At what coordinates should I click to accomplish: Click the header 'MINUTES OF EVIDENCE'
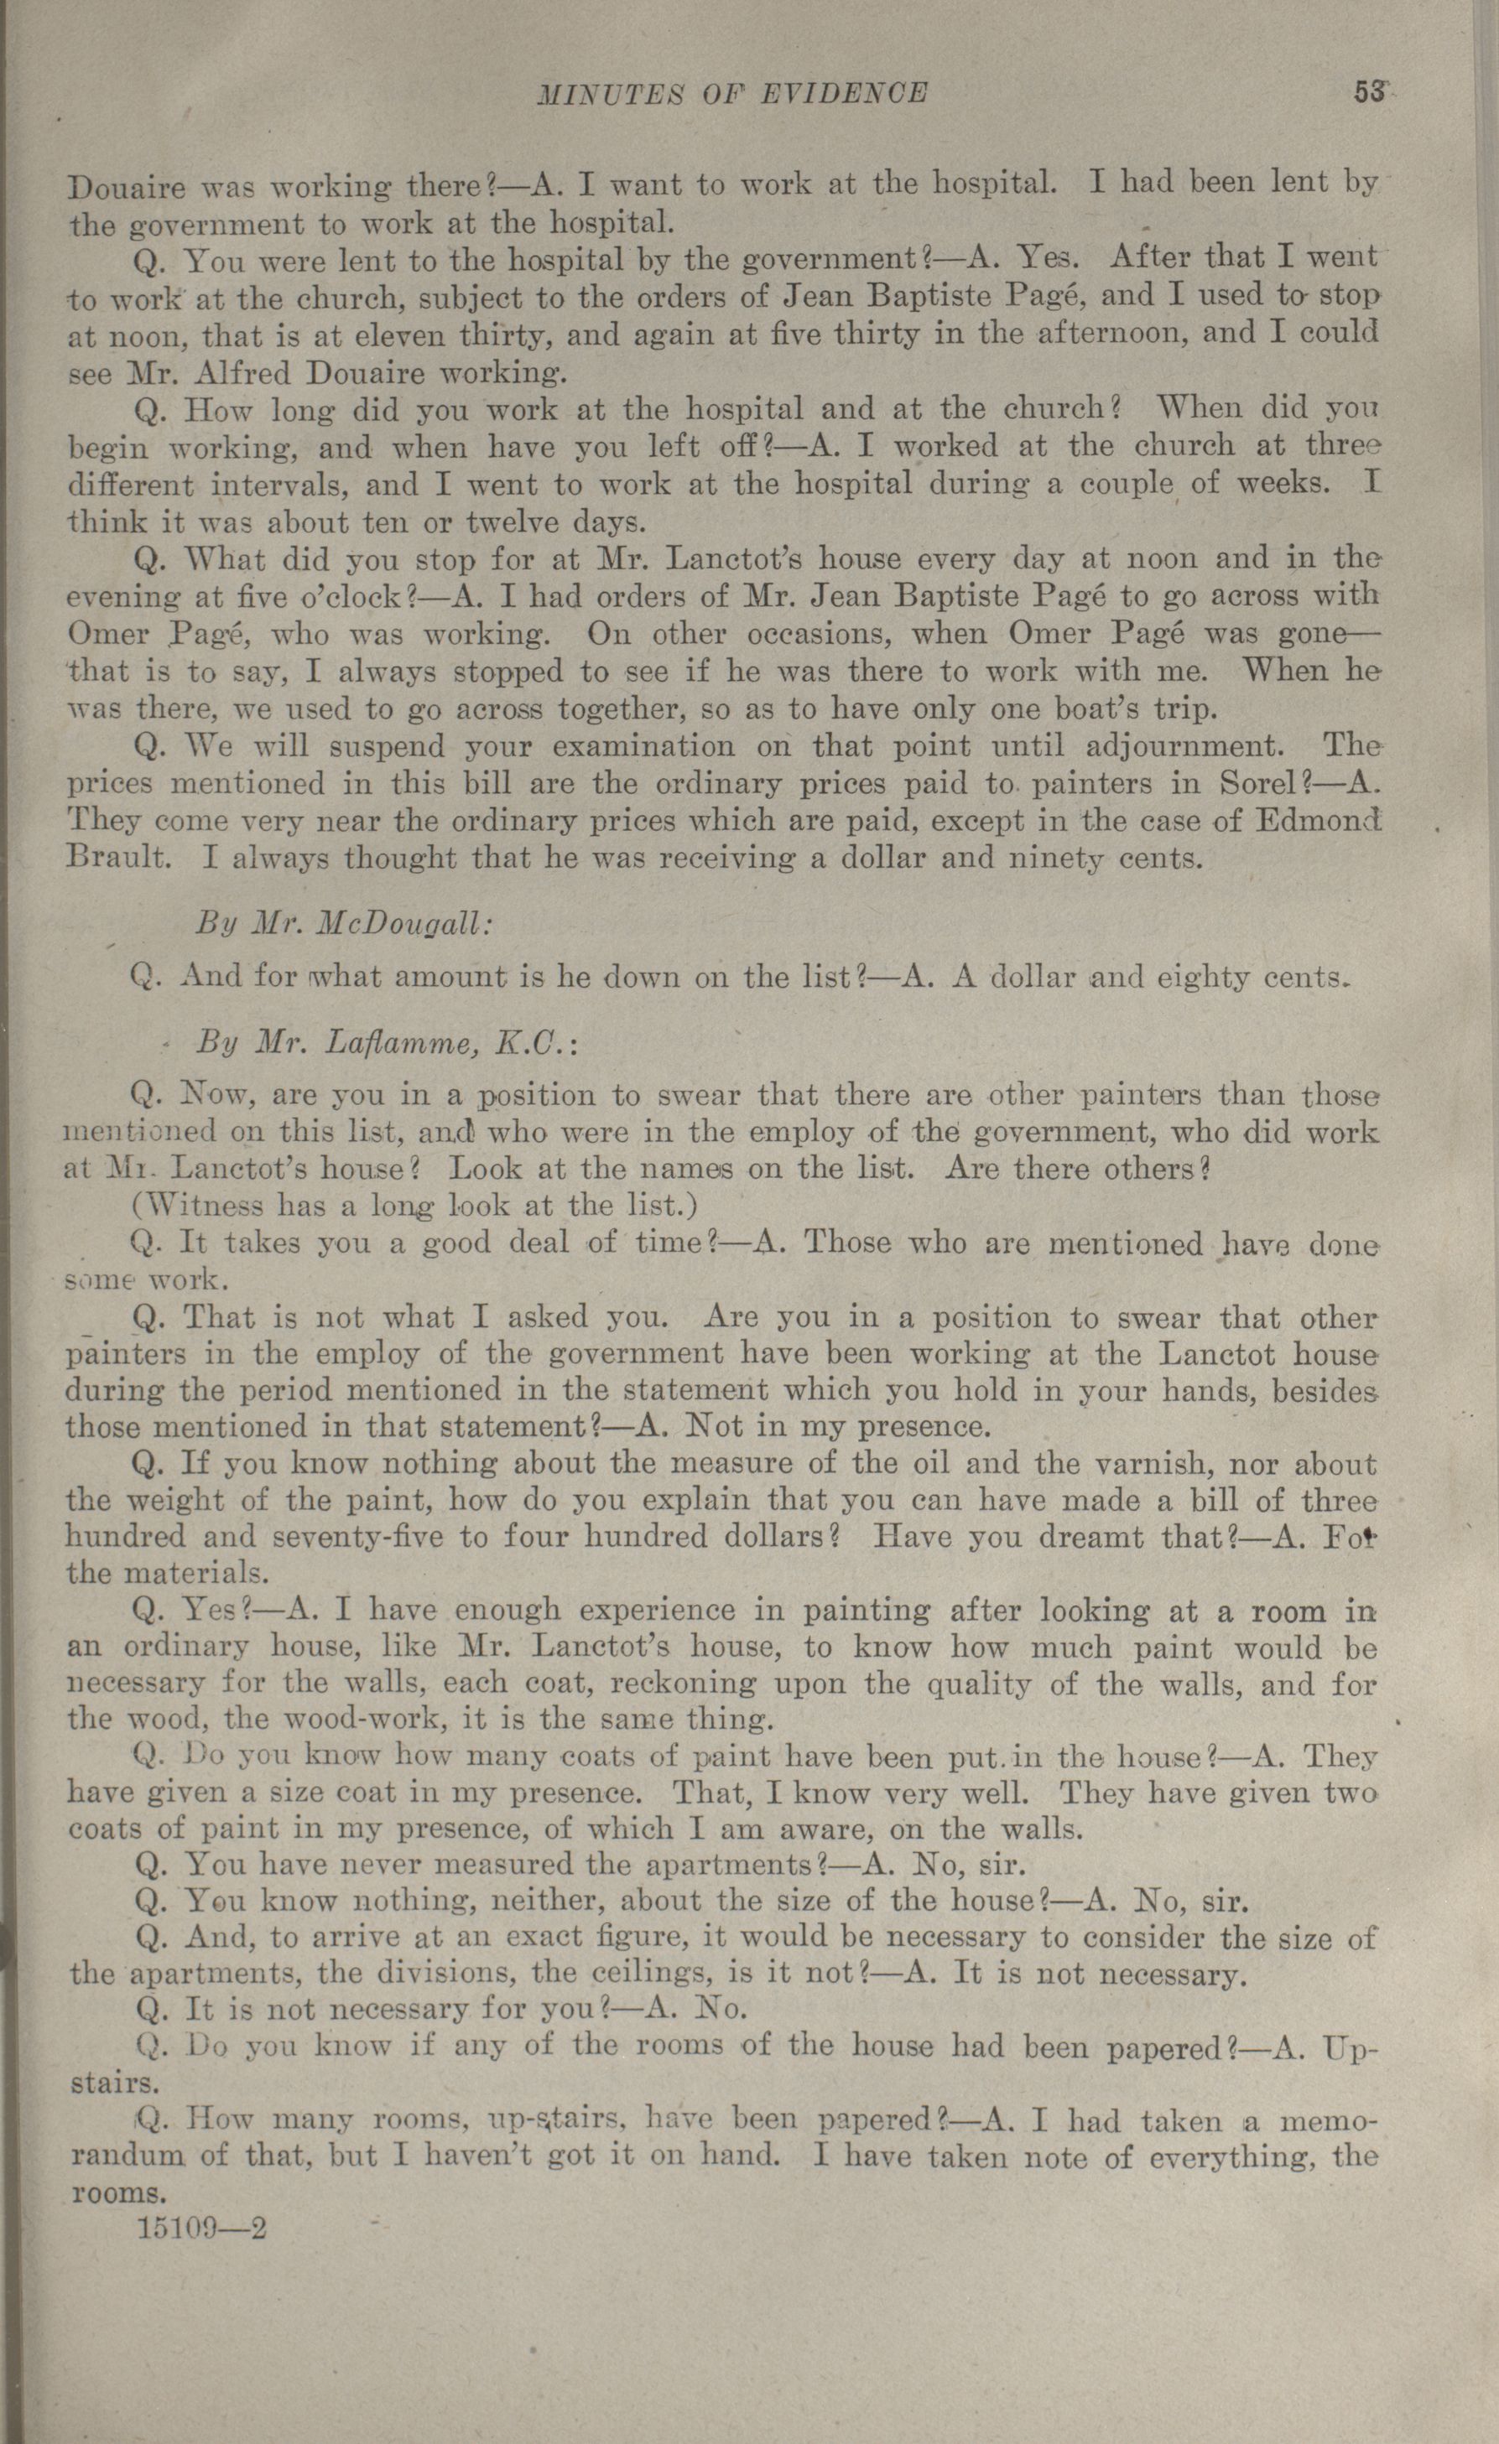tap(732, 94)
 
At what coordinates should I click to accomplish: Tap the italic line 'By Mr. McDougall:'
tap(343, 923)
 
